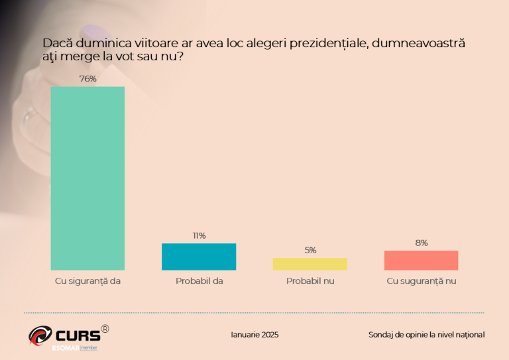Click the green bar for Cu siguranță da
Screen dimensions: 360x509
pyautogui.click(x=87, y=178)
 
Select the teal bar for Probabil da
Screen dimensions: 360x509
pyautogui.click(x=199, y=257)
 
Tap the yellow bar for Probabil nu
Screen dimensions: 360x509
pyautogui.click(x=310, y=264)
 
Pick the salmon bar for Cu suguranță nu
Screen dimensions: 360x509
pyautogui.click(x=422, y=261)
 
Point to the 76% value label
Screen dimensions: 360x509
pyautogui.click(x=88, y=79)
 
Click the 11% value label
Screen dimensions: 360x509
pyautogui.click(x=199, y=235)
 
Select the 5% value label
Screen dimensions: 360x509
pyautogui.click(x=310, y=250)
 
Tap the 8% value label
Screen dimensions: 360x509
pyautogui.click(x=422, y=243)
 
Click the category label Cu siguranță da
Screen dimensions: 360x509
pyautogui.click(x=87, y=281)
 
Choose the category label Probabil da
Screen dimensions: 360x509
pyautogui.click(x=199, y=281)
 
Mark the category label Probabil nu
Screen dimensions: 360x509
pyautogui.click(x=310, y=281)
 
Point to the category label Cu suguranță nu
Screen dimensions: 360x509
pyautogui.click(x=422, y=281)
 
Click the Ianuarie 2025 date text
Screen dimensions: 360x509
pyautogui.click(x=254, y=335)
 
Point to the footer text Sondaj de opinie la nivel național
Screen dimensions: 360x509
pyautogui.click(x=426, y=335)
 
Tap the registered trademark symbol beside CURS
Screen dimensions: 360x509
pyautogui.click(x=105, y=328)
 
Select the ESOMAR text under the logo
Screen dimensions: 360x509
pyautogui.click(x=66, y=347)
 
